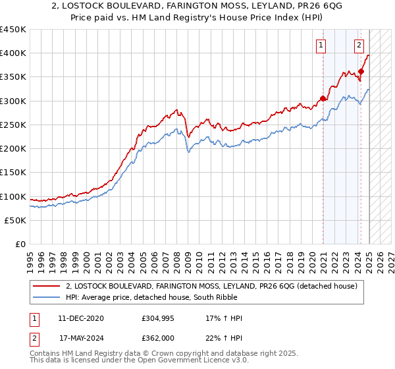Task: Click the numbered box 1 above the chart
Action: click(321, 45)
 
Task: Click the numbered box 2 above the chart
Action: click(359, 45)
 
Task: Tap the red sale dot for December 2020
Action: click(323, 99)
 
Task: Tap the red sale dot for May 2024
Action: click(361, 71)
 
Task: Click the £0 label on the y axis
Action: click(20, 244)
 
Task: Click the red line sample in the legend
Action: click(47, 286)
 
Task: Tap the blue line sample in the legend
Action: click(47, 298)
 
